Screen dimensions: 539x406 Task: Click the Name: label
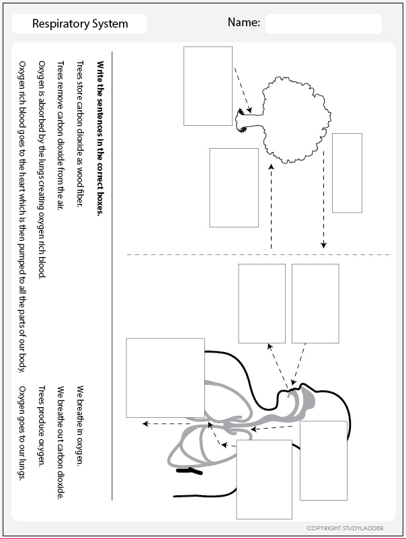click(243, 22)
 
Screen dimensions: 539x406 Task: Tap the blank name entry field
click(323, 24)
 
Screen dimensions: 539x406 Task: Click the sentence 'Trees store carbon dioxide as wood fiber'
click(80, 135)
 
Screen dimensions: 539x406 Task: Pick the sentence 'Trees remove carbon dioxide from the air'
click(60, 135)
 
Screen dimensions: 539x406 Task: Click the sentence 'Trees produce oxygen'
click(41, 426)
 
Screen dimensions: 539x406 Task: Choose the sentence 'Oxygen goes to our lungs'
click(22, 433)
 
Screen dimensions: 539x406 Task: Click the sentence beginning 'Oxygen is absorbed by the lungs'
click(41, 168)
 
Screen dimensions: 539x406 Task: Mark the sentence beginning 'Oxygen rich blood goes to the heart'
click(22, 215)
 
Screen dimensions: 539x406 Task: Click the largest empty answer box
click(165, 378)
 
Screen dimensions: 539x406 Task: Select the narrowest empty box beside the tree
click(347, 173)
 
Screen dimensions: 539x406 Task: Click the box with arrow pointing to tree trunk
click(208, 85)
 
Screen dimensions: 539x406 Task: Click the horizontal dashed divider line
click(255, 254)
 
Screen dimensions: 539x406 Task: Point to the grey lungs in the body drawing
click(202, 437)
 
